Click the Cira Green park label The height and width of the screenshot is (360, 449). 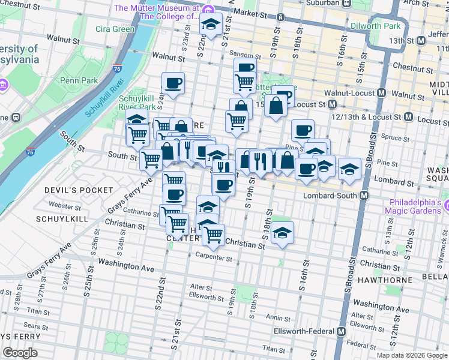115,29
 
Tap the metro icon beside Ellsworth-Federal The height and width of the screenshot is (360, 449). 342,331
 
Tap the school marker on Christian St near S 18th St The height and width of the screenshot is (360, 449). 282,233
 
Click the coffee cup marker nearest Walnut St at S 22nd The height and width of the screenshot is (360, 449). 173,83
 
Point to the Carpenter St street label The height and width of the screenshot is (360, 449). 214,258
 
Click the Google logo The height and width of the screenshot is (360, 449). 20,353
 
